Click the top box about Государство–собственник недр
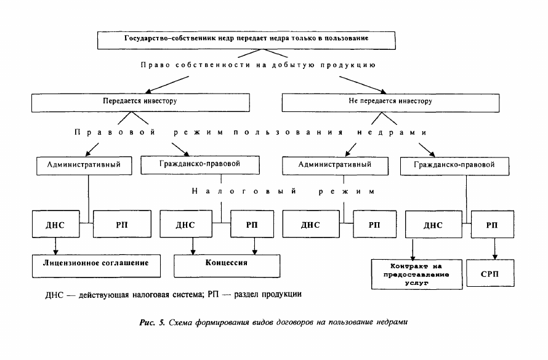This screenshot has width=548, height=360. point(246,40)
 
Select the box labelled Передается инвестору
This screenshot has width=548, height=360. point(140,103)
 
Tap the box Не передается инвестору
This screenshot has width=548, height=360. point(390,103)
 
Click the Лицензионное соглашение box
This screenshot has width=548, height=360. point(96,266)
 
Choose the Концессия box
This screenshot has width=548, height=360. point(227,266)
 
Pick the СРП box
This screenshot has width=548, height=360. point(490,273)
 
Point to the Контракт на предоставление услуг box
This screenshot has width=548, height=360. point(417,274)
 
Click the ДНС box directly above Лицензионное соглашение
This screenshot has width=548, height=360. point(55,224)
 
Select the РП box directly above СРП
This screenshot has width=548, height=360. point(492,224)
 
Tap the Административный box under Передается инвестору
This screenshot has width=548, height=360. point(84,166)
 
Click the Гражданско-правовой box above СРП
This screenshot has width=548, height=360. point(454,166)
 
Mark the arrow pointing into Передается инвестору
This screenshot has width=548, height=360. point(167,85)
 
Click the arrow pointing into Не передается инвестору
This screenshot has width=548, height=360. point(363,85)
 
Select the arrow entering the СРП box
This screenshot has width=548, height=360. point(495,249)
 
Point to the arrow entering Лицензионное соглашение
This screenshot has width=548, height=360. point(55,246)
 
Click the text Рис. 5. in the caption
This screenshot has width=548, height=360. point(152,322)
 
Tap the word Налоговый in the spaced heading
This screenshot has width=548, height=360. point(244,191)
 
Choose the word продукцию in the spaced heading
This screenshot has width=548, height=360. point(348,65)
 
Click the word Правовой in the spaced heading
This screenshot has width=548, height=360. point(115,133)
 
